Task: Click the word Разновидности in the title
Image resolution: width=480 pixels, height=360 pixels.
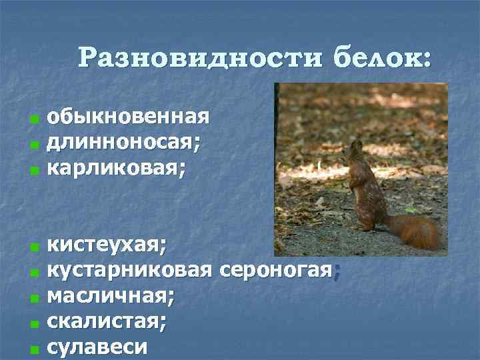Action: click(198, 57)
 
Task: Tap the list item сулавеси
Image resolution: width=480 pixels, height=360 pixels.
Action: click(99, 347)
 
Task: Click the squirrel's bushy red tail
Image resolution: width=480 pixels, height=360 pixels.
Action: click(414, 230)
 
